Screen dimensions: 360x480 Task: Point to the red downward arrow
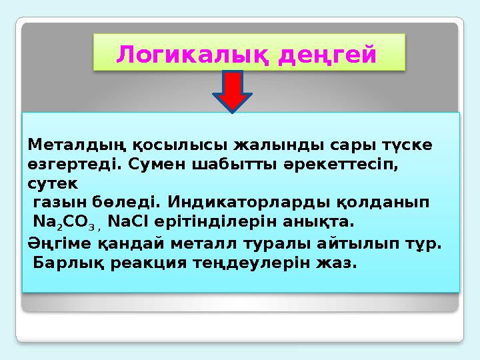(x=232, y=89)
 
